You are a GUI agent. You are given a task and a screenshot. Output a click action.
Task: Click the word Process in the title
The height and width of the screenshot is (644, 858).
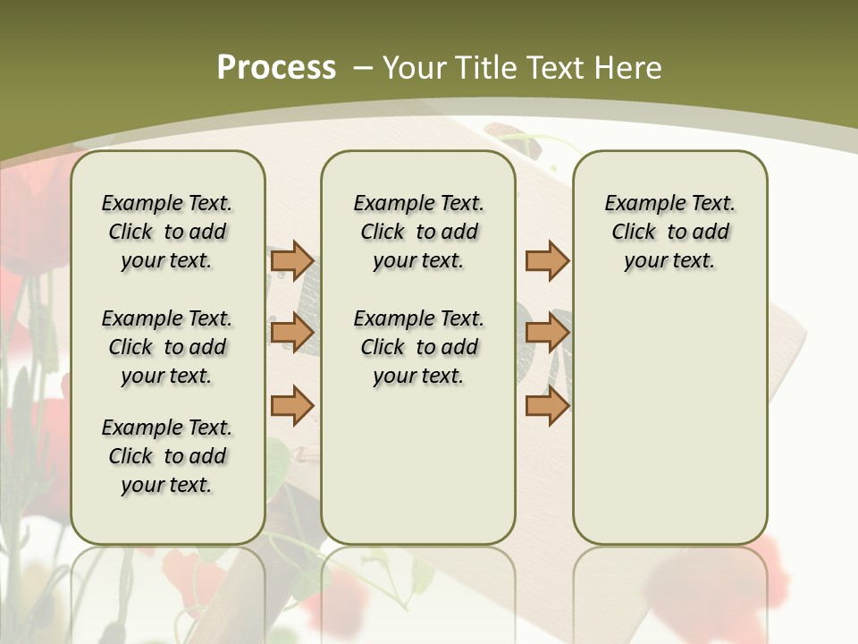click(x=276, y=67)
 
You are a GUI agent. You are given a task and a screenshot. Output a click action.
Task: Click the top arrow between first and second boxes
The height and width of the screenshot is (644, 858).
click(x=292, y=261)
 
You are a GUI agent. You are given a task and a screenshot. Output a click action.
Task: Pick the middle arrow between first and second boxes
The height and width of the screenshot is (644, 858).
click(x=292, y=334)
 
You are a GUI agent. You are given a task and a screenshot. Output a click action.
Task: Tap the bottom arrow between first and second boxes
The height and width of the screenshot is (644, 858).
click(x=292, y=405)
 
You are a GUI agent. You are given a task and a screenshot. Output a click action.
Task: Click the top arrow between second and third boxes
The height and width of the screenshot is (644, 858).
click(x=547, y=261)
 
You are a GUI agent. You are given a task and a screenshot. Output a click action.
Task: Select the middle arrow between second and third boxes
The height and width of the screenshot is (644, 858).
click(x=547, y=334)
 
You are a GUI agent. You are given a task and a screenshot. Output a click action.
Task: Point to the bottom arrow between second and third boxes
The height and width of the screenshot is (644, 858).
click(x=547, y=405)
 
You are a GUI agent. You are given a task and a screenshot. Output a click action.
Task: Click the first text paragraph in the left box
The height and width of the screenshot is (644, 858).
click(x=167, y=232)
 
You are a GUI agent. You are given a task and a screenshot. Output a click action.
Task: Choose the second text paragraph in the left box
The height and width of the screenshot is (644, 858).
click(x=167, y=347)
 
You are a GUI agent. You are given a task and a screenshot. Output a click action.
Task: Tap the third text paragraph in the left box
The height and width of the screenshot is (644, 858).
click(x=167, y=456)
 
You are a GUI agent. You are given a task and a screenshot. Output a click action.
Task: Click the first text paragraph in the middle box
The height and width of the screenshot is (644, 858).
click(x=418, y=232)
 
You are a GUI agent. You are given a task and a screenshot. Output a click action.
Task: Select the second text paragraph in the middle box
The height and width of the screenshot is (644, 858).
click(x=418, y=347)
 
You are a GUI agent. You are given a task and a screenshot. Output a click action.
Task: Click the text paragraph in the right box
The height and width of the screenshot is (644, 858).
click(x=670, y=232)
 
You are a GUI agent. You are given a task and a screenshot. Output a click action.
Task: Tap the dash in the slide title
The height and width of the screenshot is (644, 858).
click(x=363, y=67)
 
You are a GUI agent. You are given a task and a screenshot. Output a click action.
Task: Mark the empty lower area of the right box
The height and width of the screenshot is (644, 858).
click(x=670, y=420)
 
